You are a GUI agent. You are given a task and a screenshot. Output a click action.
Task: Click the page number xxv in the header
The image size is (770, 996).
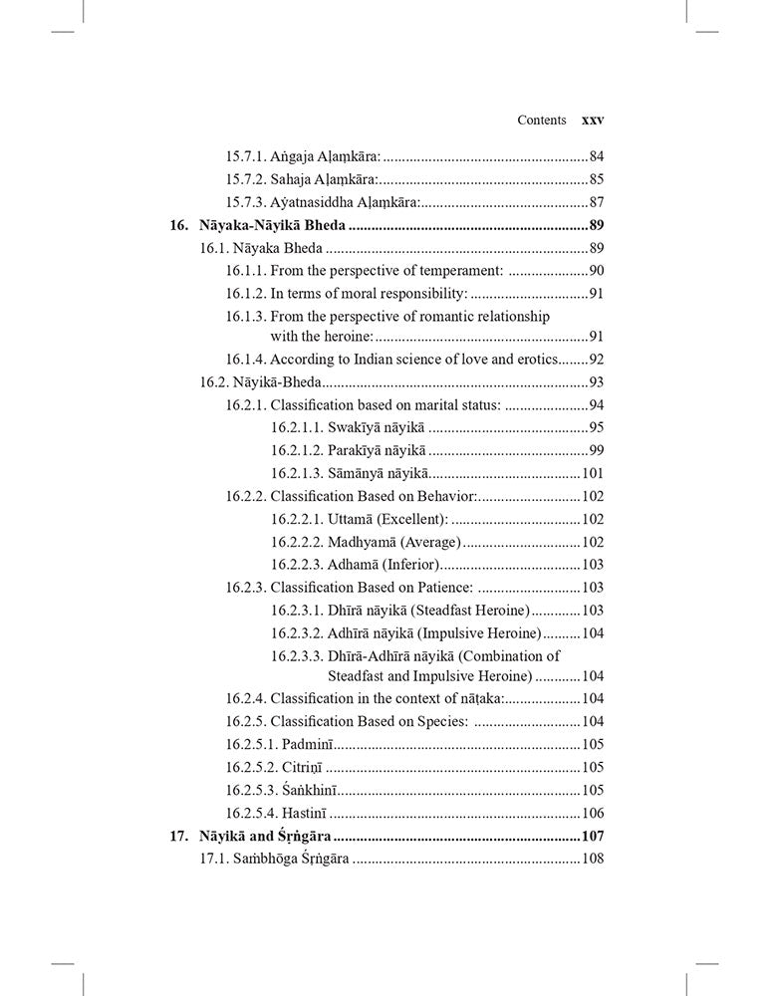[x=593, y=120]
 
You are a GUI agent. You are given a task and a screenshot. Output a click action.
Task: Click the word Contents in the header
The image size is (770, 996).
[x=542, y=120]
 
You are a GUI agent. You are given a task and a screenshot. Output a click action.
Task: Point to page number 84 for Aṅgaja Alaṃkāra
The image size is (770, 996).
[x=597, y=155]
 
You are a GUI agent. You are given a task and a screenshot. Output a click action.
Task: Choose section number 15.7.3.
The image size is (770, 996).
[x=245, y=202]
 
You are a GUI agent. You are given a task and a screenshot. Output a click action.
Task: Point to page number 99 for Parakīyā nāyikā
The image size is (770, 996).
[x=597, y=450]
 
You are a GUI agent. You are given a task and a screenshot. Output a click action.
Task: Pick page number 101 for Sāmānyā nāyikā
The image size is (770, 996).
[x=593, y=473]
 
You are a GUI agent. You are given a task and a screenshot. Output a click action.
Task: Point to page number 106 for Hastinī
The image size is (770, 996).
[x=593, y=813]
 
